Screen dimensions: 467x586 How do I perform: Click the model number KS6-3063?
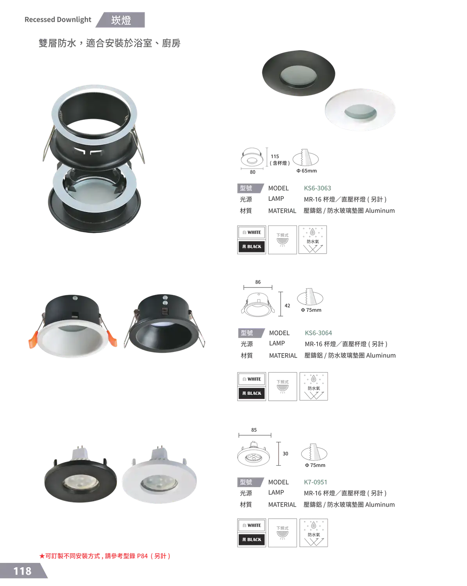pos(317,188)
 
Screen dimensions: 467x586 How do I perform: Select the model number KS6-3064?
pos(318,333)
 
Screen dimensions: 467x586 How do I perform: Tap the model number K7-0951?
pos(315,482)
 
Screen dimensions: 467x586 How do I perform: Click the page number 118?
pos(22,571)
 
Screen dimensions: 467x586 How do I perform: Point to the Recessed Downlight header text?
pos(58,20)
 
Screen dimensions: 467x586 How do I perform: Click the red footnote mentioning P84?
pos(105,556)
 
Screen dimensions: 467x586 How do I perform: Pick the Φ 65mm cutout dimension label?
pos(306,171)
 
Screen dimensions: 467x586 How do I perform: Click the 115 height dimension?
pos(275,156)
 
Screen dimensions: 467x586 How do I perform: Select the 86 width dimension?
pos(258,282)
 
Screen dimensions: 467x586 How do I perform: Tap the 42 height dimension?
pos(287,306)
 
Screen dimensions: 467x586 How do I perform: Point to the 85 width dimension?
pos(254,430)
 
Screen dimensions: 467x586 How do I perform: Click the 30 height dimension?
pos(285,454)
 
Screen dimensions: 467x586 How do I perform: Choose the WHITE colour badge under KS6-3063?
pos(252,232)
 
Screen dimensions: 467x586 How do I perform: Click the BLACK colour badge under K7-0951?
pos(252,540)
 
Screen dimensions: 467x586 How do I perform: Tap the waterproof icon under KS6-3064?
pos(313,386)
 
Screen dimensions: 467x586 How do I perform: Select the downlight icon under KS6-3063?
pos(282,239)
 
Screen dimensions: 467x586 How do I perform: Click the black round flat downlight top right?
pos(299,73)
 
